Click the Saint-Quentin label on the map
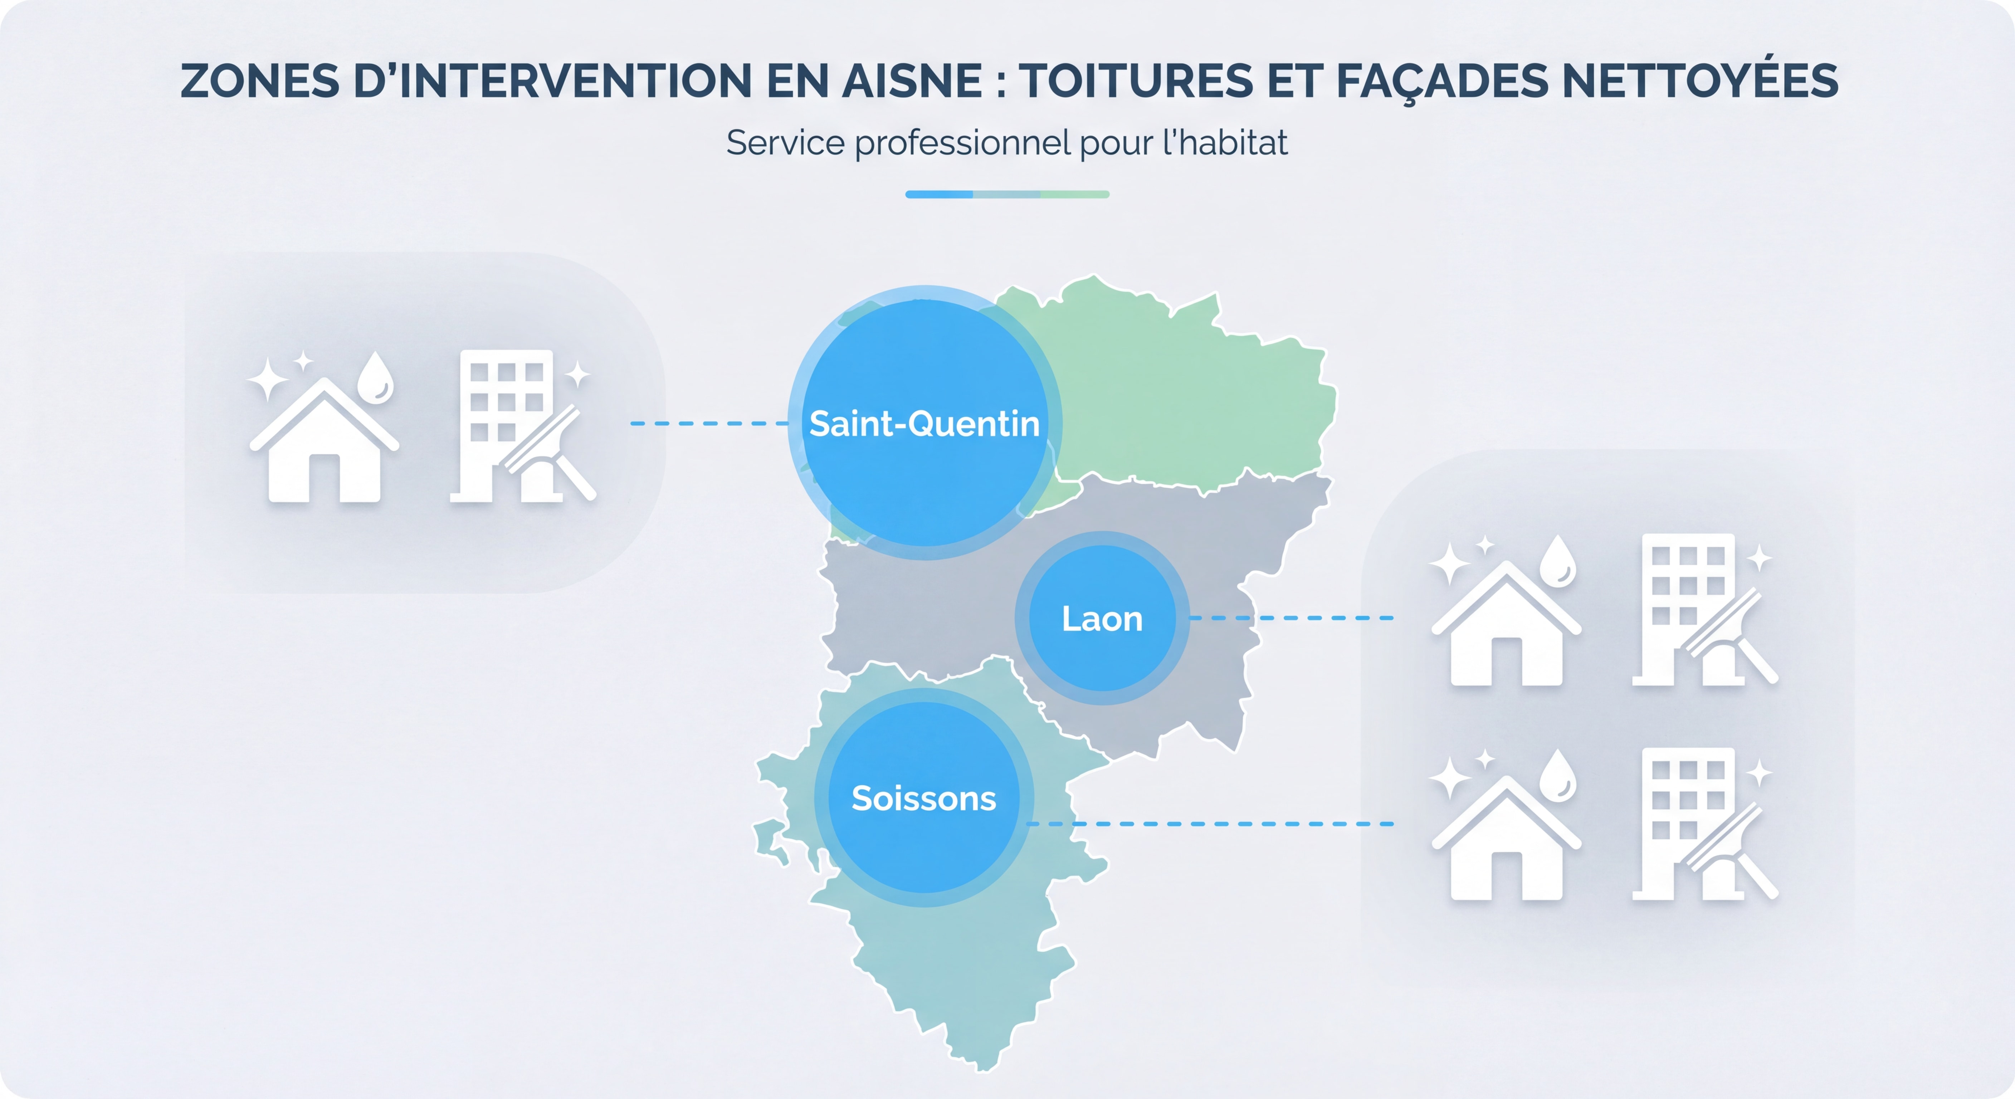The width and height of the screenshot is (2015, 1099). click(x=924, y=423)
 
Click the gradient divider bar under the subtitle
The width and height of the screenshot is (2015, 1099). click(x=1007, y=194)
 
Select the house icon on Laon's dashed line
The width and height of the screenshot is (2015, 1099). click(x=1506, y=626)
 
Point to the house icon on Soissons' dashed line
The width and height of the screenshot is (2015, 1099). click(x=1506, y=841)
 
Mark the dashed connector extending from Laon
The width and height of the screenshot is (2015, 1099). click(x=1291, y=618)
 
